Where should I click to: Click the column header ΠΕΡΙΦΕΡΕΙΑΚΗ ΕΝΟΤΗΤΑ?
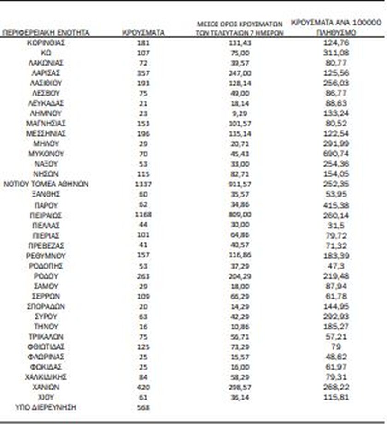click(46, 33)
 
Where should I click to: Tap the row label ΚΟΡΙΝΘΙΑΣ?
click(46, 43)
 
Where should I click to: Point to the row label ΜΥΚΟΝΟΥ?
click(46, 154)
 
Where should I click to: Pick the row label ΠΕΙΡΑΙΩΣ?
click(46, 215)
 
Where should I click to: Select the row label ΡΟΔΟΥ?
click(46, 275)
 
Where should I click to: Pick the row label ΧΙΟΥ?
click(46, 397)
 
